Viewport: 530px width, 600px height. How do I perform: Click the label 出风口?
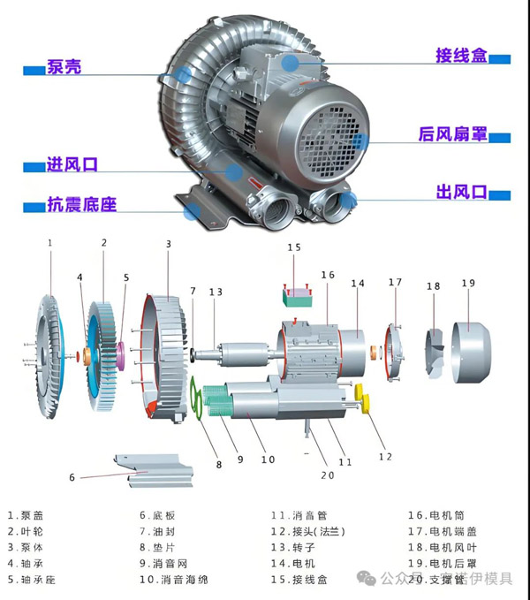[x=461, y=192]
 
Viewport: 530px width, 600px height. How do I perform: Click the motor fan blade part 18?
[x=434, y=348]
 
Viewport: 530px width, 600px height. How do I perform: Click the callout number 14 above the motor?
[x=357, y=284]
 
